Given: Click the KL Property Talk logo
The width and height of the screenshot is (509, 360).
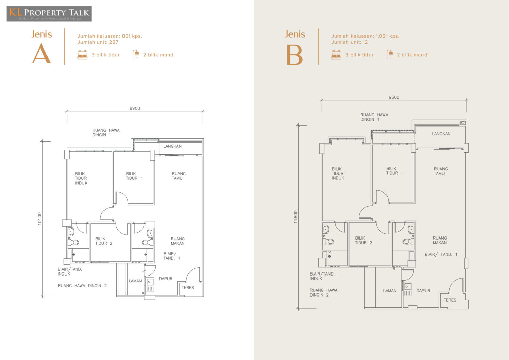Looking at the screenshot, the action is tap(49, 14).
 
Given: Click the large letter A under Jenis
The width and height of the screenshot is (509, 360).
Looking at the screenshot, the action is tap(41, 53).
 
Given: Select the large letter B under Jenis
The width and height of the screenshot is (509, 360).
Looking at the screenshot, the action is tap(295, 55).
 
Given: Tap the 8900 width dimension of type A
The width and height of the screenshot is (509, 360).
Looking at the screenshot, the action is tap(135, 108).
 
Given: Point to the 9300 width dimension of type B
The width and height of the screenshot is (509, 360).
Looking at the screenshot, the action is tap(394, 97).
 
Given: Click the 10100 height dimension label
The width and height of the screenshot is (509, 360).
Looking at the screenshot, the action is tap(40, 219).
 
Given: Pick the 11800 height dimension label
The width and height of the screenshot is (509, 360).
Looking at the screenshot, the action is tap(296, 217).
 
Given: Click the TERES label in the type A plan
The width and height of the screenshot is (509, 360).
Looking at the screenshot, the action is tap(188, 288).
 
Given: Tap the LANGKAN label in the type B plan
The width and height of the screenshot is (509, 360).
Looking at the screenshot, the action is tap(441, 134).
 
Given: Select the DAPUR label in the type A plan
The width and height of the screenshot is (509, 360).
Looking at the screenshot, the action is tap(166, 279).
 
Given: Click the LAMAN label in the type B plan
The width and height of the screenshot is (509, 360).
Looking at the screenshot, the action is tap(390, 291).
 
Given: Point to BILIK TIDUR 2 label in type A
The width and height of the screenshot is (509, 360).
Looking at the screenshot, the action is tap(103, 241).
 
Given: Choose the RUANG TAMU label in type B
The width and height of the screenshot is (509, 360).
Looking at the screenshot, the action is tap(441, 171).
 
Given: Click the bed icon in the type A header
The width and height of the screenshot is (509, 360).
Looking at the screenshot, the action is tap(82, 55).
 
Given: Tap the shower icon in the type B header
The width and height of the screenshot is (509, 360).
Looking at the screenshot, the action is tap(390, 55).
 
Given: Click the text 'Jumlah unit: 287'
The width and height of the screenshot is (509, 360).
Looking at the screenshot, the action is tap(98, 42).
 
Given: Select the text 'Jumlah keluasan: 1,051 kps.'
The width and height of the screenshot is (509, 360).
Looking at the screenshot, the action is tap(365, 36).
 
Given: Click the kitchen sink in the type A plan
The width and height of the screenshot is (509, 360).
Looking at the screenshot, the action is tap(150, 285).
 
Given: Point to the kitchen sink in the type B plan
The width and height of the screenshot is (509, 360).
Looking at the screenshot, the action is tap(408, 289).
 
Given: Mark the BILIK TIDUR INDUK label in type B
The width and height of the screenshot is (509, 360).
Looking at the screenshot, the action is tap(338, 174).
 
